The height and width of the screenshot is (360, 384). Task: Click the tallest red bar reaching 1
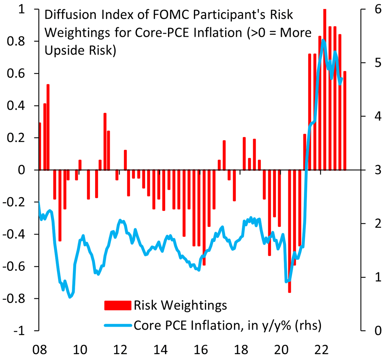point(325,90)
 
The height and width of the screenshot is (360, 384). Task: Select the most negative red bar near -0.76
point(290,230)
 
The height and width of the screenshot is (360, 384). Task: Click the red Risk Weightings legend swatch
point(117,305)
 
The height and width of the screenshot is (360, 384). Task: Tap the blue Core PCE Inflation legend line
point(117,325)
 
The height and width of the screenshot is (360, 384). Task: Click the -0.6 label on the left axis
point(15,267)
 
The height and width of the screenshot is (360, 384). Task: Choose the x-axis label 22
point(321,350)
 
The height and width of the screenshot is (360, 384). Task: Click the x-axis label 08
point(40,350)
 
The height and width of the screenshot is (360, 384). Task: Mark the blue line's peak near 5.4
point(323,40)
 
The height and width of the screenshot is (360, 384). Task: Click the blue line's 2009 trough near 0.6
point(70,297)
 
